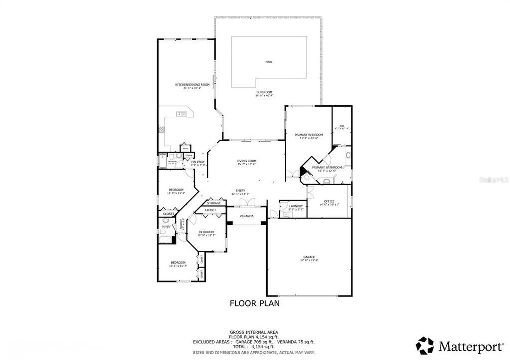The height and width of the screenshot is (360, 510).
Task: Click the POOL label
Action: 269,62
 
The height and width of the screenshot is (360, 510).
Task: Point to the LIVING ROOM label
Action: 246,161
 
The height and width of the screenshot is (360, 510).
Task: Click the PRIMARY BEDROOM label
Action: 309,135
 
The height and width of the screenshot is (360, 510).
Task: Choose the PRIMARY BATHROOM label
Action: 327,167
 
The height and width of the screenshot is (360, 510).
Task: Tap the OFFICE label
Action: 329,201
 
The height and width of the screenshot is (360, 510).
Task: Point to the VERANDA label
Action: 246,216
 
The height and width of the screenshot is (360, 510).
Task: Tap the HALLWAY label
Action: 191,162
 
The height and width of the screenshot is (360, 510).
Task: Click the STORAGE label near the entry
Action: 214,203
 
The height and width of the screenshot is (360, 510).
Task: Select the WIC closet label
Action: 342,126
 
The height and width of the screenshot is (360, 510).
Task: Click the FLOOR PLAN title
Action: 254,303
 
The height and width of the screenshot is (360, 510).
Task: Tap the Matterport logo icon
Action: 425,345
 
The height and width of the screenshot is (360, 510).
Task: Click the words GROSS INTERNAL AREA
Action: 254,332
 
